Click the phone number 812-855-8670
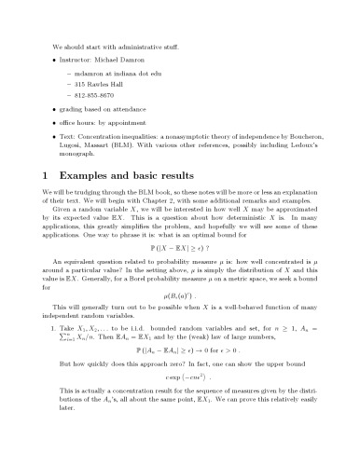point(91,94)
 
